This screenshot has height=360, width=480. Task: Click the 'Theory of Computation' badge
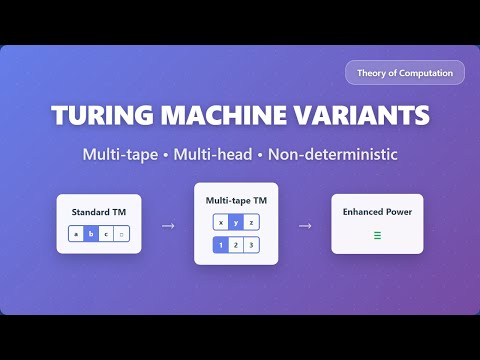click(x=405, y=72)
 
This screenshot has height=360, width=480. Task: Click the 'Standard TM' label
click(x=99, y=212)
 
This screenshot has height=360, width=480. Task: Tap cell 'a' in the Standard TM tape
click(x=76, y=235)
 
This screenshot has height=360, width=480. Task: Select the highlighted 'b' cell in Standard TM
click(x=91, y=235)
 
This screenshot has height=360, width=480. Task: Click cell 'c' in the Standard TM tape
click(x=106, y=235)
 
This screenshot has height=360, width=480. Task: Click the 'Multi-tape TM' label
click(x=236, y=200)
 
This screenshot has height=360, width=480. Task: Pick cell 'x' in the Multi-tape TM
click(x=220, y=222)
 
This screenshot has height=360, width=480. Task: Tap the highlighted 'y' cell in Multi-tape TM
click(x=236, y=222)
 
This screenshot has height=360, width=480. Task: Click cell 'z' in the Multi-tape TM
click(x=252, y=222)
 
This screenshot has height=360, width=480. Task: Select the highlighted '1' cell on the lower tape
click(x=220, y=245)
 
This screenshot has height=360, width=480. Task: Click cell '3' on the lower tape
click(x=252, y=245)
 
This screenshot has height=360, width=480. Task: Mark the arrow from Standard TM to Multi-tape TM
click(x=167, y=225)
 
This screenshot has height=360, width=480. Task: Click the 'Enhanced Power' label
click(x=378, y=212)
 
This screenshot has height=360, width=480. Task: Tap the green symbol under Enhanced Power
click(x=378, y=236)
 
